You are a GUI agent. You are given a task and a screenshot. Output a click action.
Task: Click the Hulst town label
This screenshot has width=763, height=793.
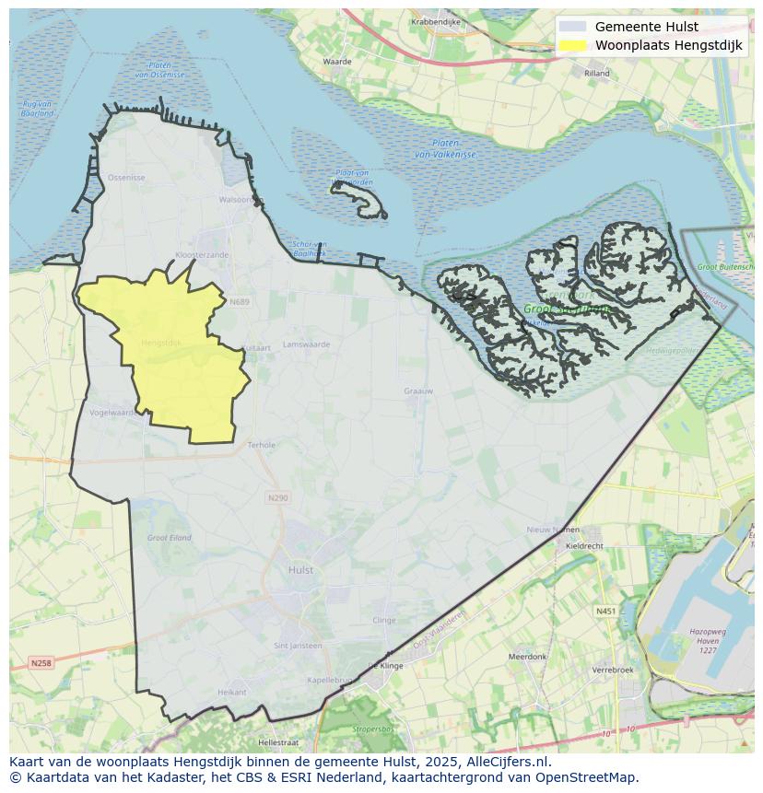point(300,570)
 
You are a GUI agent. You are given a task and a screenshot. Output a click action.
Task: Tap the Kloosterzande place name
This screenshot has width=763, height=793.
point(201,254)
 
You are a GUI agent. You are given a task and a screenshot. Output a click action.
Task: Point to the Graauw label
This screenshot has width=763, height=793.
point(418,391)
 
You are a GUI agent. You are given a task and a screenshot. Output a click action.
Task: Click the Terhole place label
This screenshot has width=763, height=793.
point(262,445)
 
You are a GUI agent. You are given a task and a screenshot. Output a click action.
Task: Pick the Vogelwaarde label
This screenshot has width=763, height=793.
point(113,413)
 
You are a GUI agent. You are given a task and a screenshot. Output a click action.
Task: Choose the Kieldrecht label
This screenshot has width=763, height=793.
point(584,545)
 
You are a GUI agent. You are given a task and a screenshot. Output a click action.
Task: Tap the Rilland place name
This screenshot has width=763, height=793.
point(597,72)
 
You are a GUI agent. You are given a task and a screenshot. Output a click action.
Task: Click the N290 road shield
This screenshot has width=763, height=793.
point(277,497)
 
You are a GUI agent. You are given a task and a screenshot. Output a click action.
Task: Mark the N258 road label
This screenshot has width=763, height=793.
point(41,662)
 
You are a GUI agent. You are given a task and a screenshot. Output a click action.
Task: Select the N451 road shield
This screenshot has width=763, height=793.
point(606,611)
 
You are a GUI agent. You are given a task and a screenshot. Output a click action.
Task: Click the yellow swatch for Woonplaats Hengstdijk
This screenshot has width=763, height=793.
point(572,45)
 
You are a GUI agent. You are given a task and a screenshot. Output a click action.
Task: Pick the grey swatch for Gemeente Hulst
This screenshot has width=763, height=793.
point(572,27)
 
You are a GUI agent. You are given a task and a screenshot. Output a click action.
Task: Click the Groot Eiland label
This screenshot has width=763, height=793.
point(169,537)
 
